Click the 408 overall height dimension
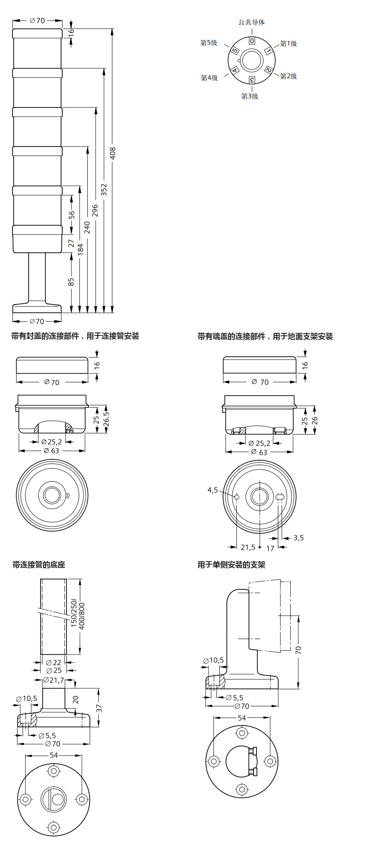pyautogui.click(x=112, y=153)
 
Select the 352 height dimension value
pyautogui.click(x=104, y=189)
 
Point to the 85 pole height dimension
pyautogui.click(x=71, y=282)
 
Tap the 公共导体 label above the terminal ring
pyautogui.click(x=252, y=22)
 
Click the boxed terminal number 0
pyautogui.click(x=252, y=41)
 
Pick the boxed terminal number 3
pyautogui.click(x=252, y=80)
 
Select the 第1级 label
pyautogui.click(x=288, y=43)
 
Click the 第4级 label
pyautogui.click(x=209, y=78)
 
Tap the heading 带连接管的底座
pyautogui.click(x=39, y=565)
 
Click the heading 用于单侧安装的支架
pyautogui.click(x=231, y=565)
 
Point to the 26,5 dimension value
pyautogui.click(x=107, y=419)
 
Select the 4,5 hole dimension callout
pyautogui.click(x=213, y=490)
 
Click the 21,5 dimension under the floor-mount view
pyautogui.click(x=248, y=547)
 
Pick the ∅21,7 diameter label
pyautogui.click(x=54, y=680)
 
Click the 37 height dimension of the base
pyautogui.click(x=99, y=708)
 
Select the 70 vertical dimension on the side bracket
pyautogui.click(x=298, y=650)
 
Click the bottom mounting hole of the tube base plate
pyautogui.click(x=53, y=827)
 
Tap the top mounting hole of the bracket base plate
pyautogui.click(x=242, y=733)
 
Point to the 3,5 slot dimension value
pyautogui.click(x=299, y=538)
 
